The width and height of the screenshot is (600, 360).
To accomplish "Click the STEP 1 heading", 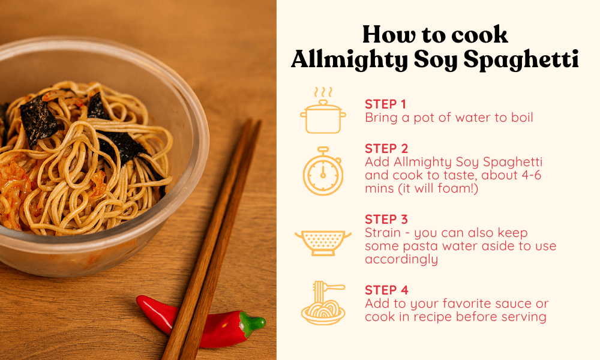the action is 385,104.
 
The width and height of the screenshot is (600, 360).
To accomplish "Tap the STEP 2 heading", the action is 386,148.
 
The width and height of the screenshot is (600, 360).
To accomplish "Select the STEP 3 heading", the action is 386,219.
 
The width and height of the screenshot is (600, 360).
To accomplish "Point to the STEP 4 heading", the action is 386,290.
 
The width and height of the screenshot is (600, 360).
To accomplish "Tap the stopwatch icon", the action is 323,171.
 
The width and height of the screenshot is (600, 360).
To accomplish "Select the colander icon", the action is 323,242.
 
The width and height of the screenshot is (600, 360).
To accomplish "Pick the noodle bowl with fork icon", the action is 323,303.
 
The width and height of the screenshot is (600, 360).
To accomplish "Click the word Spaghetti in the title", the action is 521,59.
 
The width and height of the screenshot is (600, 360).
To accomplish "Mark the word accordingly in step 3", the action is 401,259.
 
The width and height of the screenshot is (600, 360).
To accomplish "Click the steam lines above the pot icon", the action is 323,92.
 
